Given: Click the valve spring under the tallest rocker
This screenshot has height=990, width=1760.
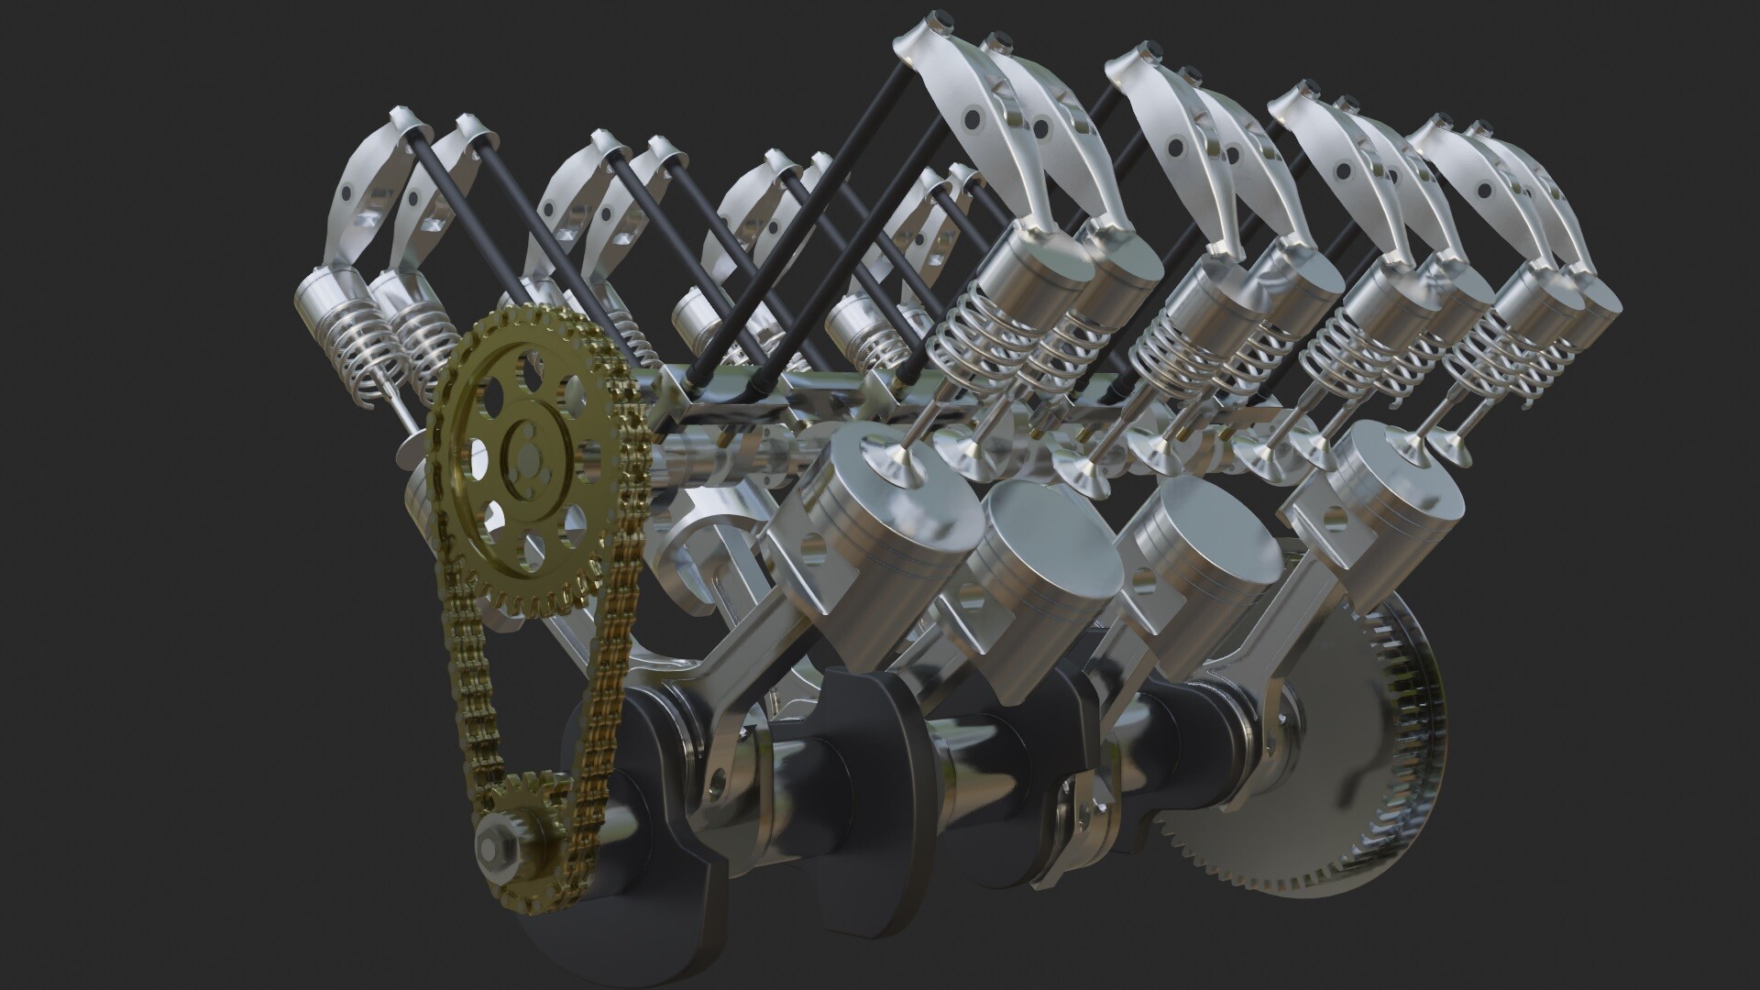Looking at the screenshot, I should click(972, 344).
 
